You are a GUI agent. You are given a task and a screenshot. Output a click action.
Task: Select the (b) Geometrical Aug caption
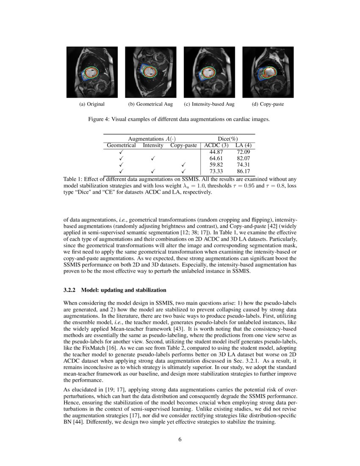point(150,104)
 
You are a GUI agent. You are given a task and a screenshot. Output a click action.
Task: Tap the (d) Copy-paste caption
point(268,104)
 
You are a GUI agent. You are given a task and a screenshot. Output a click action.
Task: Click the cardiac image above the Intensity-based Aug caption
point(209,72)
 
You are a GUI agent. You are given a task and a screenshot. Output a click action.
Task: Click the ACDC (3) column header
point(216,145)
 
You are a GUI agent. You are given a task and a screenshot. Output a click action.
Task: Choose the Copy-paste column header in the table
point(183,145)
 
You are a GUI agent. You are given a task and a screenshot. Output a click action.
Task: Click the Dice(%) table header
point(227,139)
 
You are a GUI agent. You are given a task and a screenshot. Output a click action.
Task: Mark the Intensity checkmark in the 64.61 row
point(153,158)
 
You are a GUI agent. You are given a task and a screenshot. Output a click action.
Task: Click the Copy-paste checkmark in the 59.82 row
point(183,165)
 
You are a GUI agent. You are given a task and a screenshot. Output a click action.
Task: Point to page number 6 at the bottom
point(180,439)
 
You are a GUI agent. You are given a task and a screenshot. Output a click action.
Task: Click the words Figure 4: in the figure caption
point(99,119)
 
